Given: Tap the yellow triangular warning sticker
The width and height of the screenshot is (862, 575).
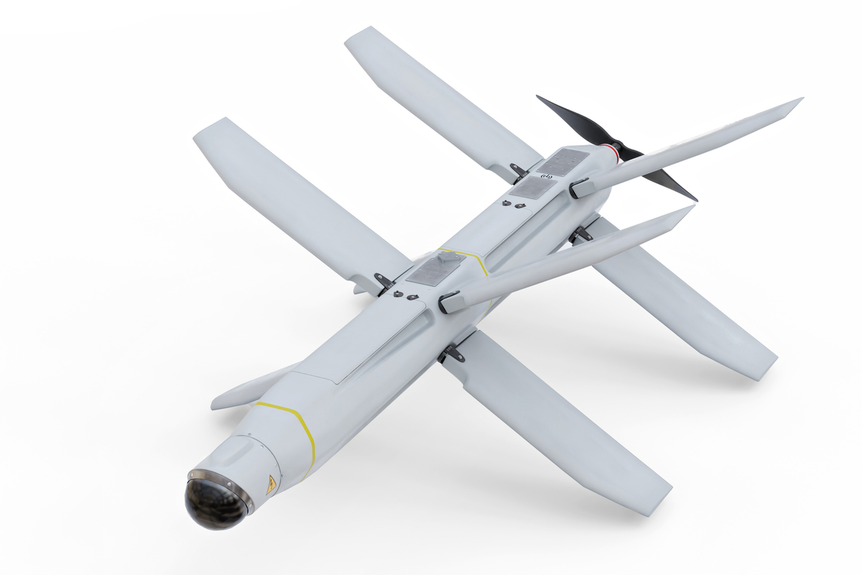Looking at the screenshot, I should (271, 484).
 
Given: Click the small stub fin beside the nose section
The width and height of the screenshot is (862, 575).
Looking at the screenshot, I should (244, 391).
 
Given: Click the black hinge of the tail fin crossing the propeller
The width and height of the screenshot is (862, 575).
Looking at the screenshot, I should (579, 189).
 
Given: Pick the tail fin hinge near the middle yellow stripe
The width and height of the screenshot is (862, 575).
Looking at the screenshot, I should (448, 302).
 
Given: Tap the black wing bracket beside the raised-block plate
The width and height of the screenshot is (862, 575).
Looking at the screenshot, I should (384, 281).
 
